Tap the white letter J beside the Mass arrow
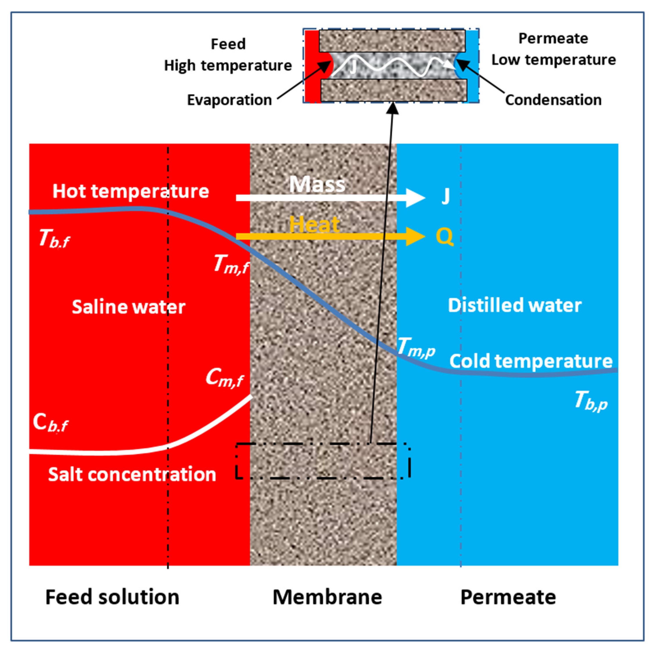pos(445,196)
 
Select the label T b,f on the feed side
pos(54,238)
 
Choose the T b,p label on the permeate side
pos(591,401)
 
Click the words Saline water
pos(128,307)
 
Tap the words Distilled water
pos(514,305)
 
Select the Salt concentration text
pos(132,474)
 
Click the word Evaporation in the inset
pos(229,100)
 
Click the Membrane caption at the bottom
pos(327,597)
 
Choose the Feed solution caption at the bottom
pos(112,597)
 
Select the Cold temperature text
pos(531,361)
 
